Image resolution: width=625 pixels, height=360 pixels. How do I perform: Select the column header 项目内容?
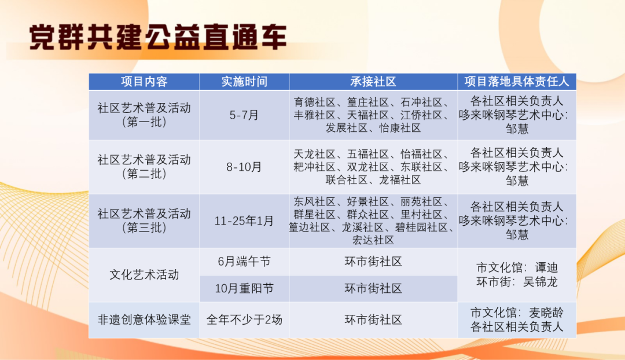[144, 82]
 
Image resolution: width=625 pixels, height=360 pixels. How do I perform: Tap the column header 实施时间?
[244, 82]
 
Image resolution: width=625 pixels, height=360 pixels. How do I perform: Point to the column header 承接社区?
[373, 82]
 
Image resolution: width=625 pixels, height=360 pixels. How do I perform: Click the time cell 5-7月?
[244, 115]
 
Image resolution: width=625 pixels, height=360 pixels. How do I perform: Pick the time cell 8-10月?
[244, 167]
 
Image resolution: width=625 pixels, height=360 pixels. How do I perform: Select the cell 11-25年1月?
[244, 221]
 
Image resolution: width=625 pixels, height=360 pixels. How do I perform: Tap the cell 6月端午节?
[244, 262]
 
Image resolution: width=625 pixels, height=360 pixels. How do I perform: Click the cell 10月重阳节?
[244, 288]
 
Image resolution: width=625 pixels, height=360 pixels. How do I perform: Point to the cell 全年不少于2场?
[244, 319]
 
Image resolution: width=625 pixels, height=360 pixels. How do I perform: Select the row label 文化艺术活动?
[144, 275]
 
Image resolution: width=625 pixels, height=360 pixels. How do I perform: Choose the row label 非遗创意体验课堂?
[144, 319]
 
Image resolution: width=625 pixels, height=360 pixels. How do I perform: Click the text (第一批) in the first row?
[144, 122]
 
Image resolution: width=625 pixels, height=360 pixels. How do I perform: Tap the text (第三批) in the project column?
[144, 227]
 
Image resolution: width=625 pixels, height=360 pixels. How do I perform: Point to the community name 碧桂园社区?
[425, 227]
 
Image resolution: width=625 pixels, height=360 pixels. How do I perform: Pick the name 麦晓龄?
[546, 313]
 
